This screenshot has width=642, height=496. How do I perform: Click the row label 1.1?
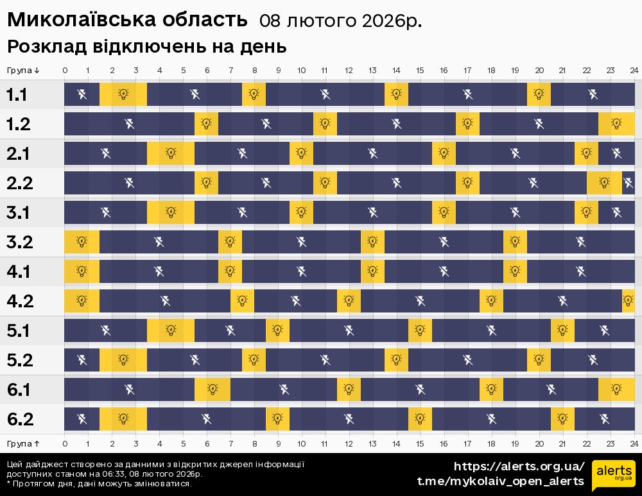17,95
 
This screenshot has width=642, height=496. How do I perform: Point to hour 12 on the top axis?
349,70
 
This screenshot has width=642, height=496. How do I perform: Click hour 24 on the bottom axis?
634,443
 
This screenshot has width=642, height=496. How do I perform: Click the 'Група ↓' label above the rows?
24,70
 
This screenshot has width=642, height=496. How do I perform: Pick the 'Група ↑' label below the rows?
24,443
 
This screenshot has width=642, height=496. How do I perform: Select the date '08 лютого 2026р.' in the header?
340,21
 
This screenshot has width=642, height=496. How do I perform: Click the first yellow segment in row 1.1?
123,95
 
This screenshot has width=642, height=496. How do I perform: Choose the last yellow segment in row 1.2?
616,124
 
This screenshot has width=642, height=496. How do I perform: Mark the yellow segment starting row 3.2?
82,242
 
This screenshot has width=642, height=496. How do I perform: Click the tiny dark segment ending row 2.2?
628,183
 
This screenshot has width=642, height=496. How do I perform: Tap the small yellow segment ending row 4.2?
628,301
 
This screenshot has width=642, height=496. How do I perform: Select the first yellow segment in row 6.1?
213,389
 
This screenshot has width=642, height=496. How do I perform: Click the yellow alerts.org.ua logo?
614,474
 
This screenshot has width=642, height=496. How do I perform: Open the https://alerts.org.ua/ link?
519,466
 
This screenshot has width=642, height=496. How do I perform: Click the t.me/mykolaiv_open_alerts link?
501,481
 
